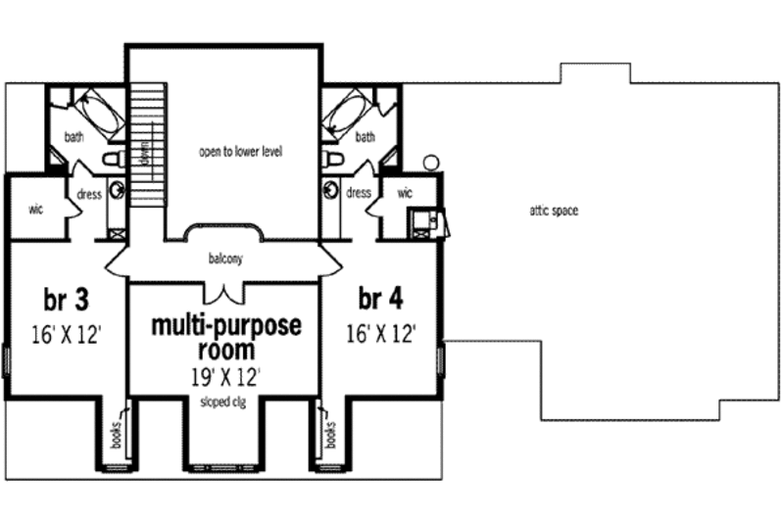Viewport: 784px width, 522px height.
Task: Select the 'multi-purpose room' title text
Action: pyautogui.click(x=227, y=336)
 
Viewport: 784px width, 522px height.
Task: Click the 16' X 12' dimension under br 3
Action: pyautogui.click(x=65, y=334)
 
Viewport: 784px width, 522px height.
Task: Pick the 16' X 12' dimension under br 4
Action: pyautogui.click(x=381, y=334)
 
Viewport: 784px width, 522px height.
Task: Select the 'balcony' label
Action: pyautogui.click(x=225, y=260)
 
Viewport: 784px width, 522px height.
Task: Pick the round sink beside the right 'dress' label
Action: pyautogui.click(x=330, y=190)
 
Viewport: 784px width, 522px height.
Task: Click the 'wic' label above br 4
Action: pyautogui.click(x=405, y=193)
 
